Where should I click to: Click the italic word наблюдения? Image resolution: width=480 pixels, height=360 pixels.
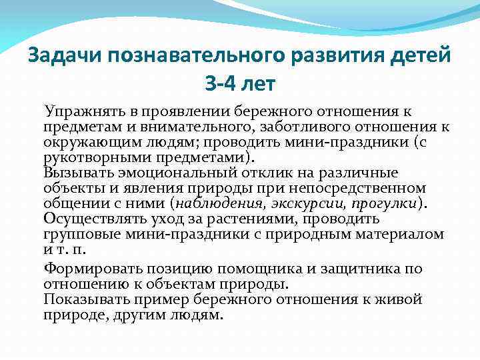(217, 203)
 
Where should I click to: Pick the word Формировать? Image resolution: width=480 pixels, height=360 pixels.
(89, 268)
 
